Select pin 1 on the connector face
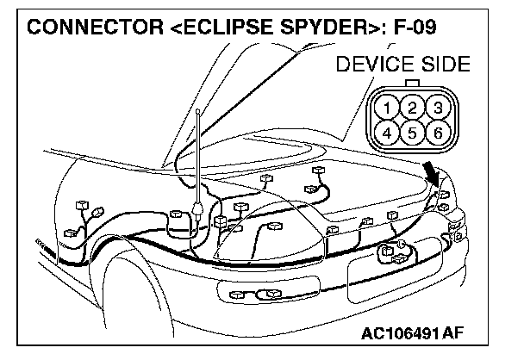click(x=390, y=109)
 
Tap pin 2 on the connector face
click(x=414, y=109)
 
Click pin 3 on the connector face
click(x=438, y=109)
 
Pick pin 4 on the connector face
click(x=390, y=133)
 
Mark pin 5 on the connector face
click(x=414, y=133)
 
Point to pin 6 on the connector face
click(x=438, y=133)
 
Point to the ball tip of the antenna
click(x=199, y=111)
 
